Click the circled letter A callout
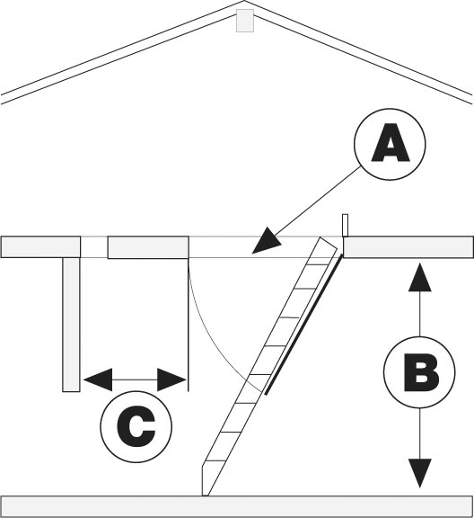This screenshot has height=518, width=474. (390, 145)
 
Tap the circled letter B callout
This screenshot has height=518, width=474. (419, 372)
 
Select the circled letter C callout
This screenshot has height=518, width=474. (136, 426)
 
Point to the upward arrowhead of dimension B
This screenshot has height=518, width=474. (419, 277)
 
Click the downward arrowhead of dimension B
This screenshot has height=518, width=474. (419, 473)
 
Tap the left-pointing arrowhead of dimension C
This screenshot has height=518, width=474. (98, 380)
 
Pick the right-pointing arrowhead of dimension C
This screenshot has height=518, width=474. (171, 380)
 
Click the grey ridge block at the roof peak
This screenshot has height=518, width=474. (245, 21)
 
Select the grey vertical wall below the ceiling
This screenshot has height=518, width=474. (71, 325)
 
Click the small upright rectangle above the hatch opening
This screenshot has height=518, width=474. (345, 226)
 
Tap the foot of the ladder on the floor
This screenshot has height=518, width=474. (205, 481)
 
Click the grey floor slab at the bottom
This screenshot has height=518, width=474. (237, 507)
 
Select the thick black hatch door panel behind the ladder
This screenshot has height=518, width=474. (303, 325)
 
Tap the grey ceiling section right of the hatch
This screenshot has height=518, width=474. (408, 246)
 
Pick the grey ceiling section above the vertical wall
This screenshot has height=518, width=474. (40, 246)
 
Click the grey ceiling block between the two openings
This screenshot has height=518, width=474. (148, 247)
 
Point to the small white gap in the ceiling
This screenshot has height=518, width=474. (94, 246)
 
